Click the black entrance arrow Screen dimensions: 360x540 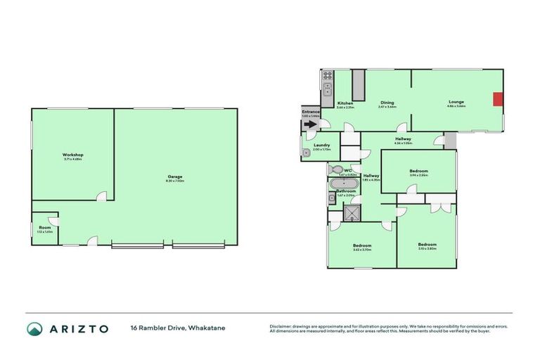pyautogui.click(x=310, y=124)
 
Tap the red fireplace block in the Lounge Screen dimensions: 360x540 pyautogui.click(x=497, y=99)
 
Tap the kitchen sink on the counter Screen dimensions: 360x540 pyautogui.click(x=327, y=89)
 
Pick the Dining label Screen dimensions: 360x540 pyautogui.click(x=387, y=103)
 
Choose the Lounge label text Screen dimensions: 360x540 pyautogui.click(x=456, y=102)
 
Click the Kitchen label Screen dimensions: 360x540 pyautogui.click(x=345, y=103)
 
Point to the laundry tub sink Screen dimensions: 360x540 pyautogui.click(x=307, y=153)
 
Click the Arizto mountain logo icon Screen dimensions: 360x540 pyautogui.click(x=34, y=328)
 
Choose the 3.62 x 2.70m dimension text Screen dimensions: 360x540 pyautogui.click(x=362, y=249)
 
